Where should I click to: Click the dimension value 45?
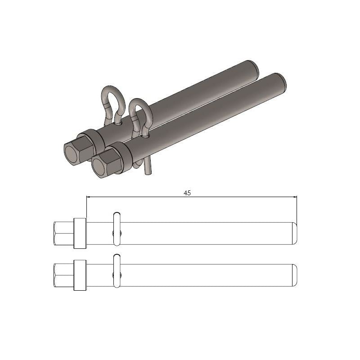pyautogui.click(x=187, y=193)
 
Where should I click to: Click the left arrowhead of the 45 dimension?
pyautogui.click(x=89, y=197)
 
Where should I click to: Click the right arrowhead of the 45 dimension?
pyautogui.click(x=294, y=197)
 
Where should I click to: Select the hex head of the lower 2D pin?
pyautogui.click(x=63, y=274)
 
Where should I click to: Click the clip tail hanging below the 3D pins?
pyautogui.click(x=148, y=168)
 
